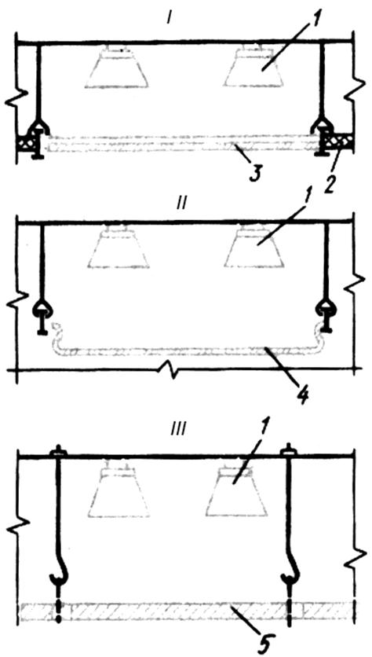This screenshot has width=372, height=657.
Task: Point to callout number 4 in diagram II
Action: [301, 397]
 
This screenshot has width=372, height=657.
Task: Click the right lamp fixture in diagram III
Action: [236, 488]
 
